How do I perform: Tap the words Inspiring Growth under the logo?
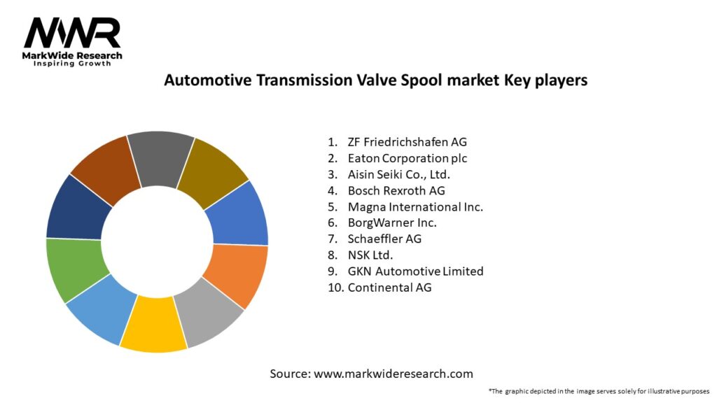[72, 64]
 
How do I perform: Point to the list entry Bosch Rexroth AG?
[396, 190]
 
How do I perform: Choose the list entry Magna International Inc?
[415, 206]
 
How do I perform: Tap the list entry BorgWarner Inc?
[392, 222]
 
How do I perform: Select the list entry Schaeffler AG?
[384, 239]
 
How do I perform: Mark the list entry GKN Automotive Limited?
[415, 271]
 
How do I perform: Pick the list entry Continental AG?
[389, 287]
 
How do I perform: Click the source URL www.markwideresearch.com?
[394, 374]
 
